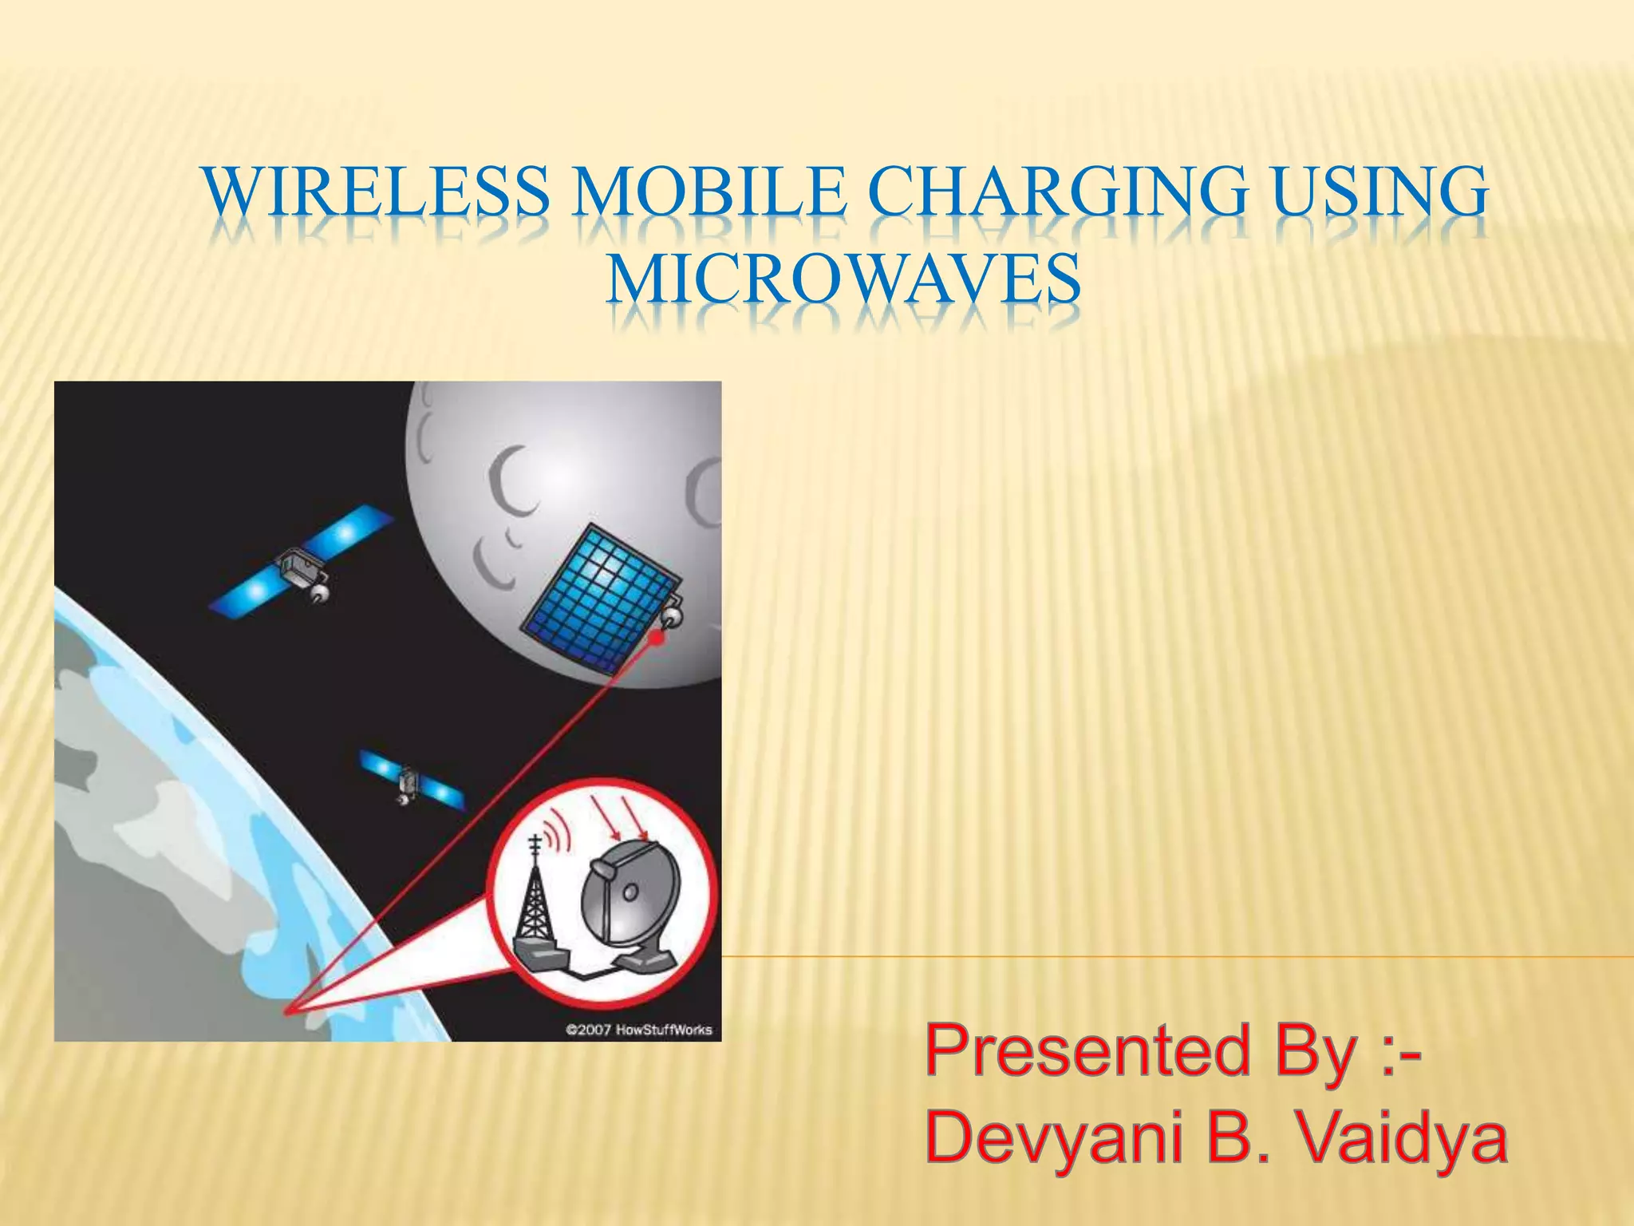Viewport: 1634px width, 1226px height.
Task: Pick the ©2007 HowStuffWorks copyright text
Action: (638, 1030)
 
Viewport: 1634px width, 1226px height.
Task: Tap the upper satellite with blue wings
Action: (302, 560)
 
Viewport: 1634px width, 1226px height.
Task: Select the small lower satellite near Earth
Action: (409, 779)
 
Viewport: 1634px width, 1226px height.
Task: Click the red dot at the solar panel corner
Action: (658, 638)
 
